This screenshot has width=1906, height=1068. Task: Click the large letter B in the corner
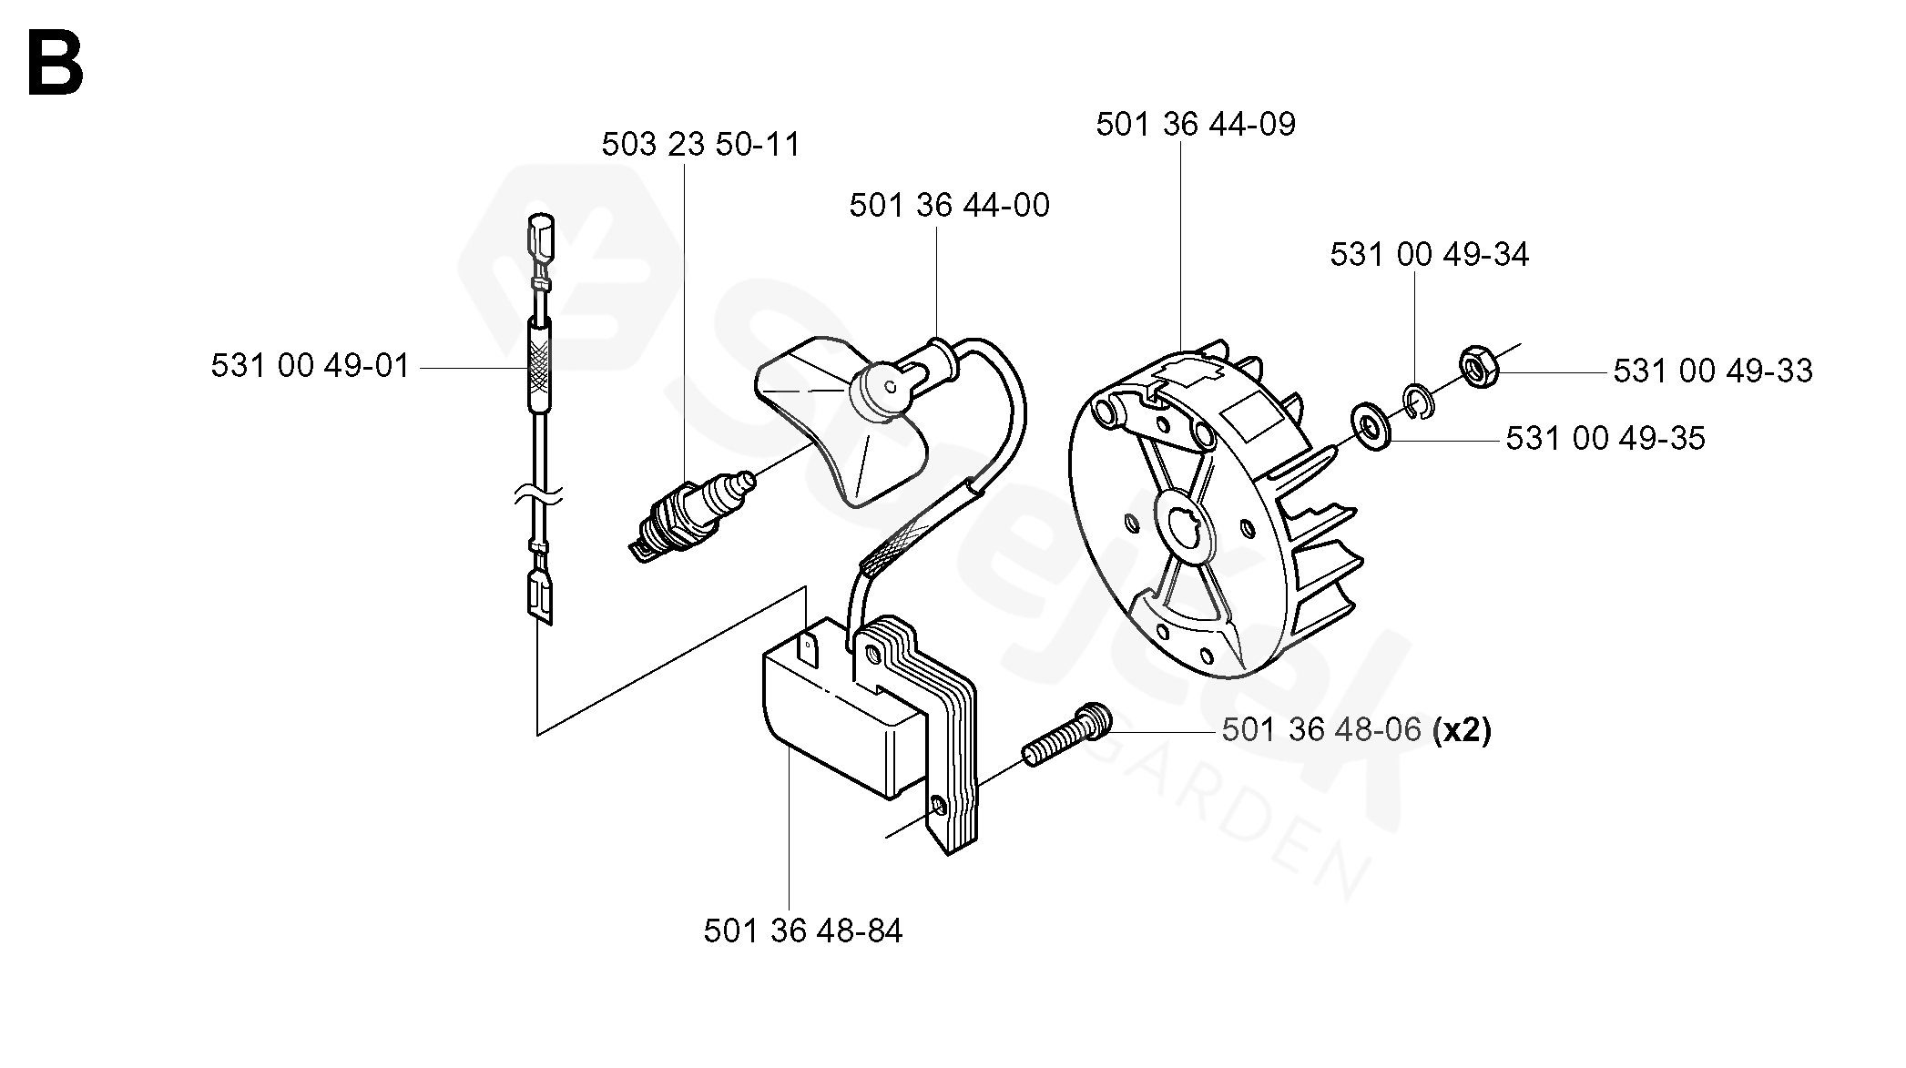pyautogui.click(x=56, y=62)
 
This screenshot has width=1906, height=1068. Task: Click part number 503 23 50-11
pyautogui.click(x=700, y=145)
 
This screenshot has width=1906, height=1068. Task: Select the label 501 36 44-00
pyautogui.click(x=949, y=206)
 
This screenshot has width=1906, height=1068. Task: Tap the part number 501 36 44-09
pyautogui.click(x=1195, y=125)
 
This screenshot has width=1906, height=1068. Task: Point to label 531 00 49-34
pyautogui.click(x=1429, y=255)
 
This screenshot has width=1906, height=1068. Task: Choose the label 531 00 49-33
pyautogui.click(x=1713, y=371)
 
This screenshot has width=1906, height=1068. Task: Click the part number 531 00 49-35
pyautogui.click(x=1605, y=439)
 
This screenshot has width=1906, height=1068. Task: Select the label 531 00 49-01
pyautogui.click(x=311, y=366)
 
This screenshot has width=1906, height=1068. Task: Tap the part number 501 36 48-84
pyautogui.click(x=802, y=931)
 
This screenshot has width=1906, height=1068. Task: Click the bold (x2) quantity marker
pyautogui.click(x=1462, y=730)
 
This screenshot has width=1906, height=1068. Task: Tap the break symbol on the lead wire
pyautogui.click(x=539, y=497)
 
